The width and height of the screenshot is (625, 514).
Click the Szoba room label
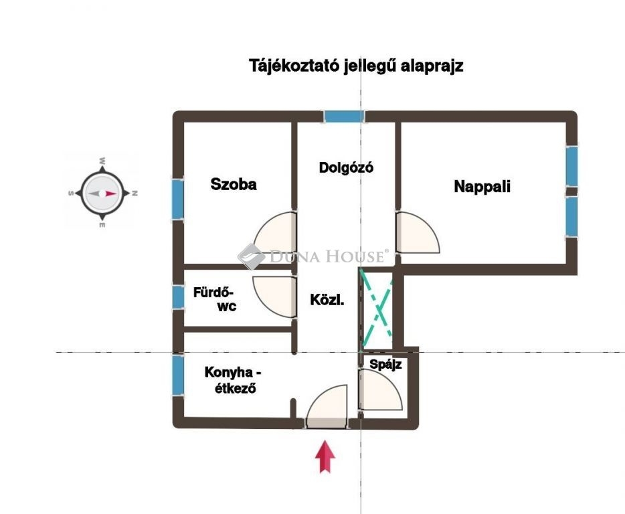click(x=234, y=184)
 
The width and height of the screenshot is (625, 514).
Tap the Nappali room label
click(x=482, y=186)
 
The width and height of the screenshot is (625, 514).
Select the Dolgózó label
click(x=346, y=167)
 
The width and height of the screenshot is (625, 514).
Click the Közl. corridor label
click(x=327, y=300)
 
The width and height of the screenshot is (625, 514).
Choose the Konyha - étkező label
click(x=233, y=380)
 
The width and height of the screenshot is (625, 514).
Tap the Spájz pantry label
click(x=385, y=365)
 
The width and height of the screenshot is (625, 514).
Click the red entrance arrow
click(x=325, y=456)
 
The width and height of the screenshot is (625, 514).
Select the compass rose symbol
click(x=102, y=193)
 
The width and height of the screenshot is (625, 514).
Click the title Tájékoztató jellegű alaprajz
click(x=356, y=66)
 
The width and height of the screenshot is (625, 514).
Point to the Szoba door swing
click(x=276, y=233)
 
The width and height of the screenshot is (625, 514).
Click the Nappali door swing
click(x=418, y=232)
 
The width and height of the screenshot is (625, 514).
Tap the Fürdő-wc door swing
click(x=275, y=297)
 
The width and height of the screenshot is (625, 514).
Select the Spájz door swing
click(x=380, y=390)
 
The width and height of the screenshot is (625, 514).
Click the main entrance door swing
click(x=327, y=407)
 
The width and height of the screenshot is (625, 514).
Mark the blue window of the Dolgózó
click(x=343, y=116)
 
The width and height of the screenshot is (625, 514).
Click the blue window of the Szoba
click(x=178, y=199)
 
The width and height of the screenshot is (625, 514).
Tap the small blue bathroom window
click(x=178, y=297)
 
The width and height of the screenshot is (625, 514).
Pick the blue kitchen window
click(x=178, y=375)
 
